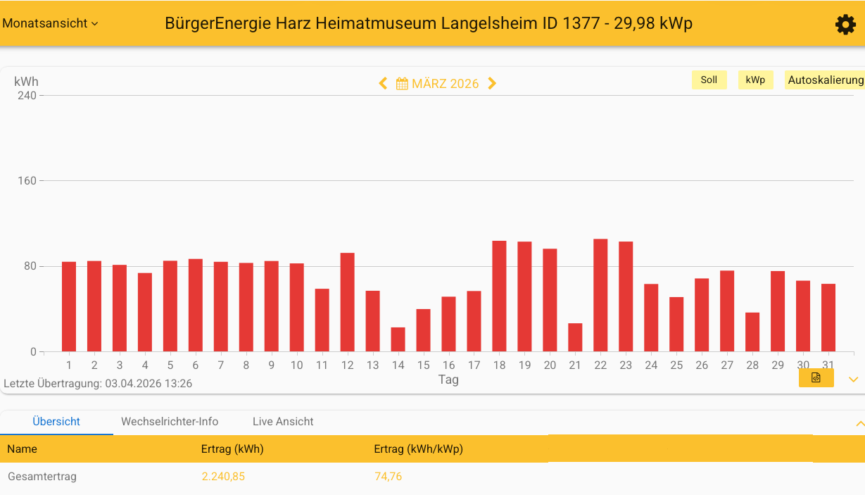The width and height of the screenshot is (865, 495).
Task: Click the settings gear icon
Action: (845, 25)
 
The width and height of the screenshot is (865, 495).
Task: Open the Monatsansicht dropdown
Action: (50, 23)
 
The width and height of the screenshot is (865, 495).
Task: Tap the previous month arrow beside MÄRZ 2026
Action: (383, 83)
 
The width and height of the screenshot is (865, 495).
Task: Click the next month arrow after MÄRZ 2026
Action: (492, 83)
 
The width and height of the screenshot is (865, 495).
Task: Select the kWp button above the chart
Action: (755, 80)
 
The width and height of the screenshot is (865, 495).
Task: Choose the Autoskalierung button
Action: (825, 80)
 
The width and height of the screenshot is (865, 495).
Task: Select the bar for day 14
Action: (398, 339)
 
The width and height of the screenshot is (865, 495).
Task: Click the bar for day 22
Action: (600, 295)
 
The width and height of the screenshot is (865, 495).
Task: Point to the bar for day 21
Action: (575, 337)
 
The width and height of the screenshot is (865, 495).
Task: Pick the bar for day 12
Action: (348, 302)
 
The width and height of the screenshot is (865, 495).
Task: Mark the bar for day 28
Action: (752, 332)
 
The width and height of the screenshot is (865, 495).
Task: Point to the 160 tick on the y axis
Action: (27, 181)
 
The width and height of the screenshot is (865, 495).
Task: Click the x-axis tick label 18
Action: (500, 365)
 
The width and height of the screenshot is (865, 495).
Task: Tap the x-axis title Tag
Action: (448, 380)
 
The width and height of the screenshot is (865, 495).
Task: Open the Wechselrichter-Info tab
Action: (170, 422)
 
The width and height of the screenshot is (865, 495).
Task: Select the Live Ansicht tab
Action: (283, 422)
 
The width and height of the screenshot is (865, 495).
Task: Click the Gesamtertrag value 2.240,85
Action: (223, 477)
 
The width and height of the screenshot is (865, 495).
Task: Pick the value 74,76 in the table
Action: (388, 477)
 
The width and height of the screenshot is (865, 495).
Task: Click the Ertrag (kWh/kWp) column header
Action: (418, 449)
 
